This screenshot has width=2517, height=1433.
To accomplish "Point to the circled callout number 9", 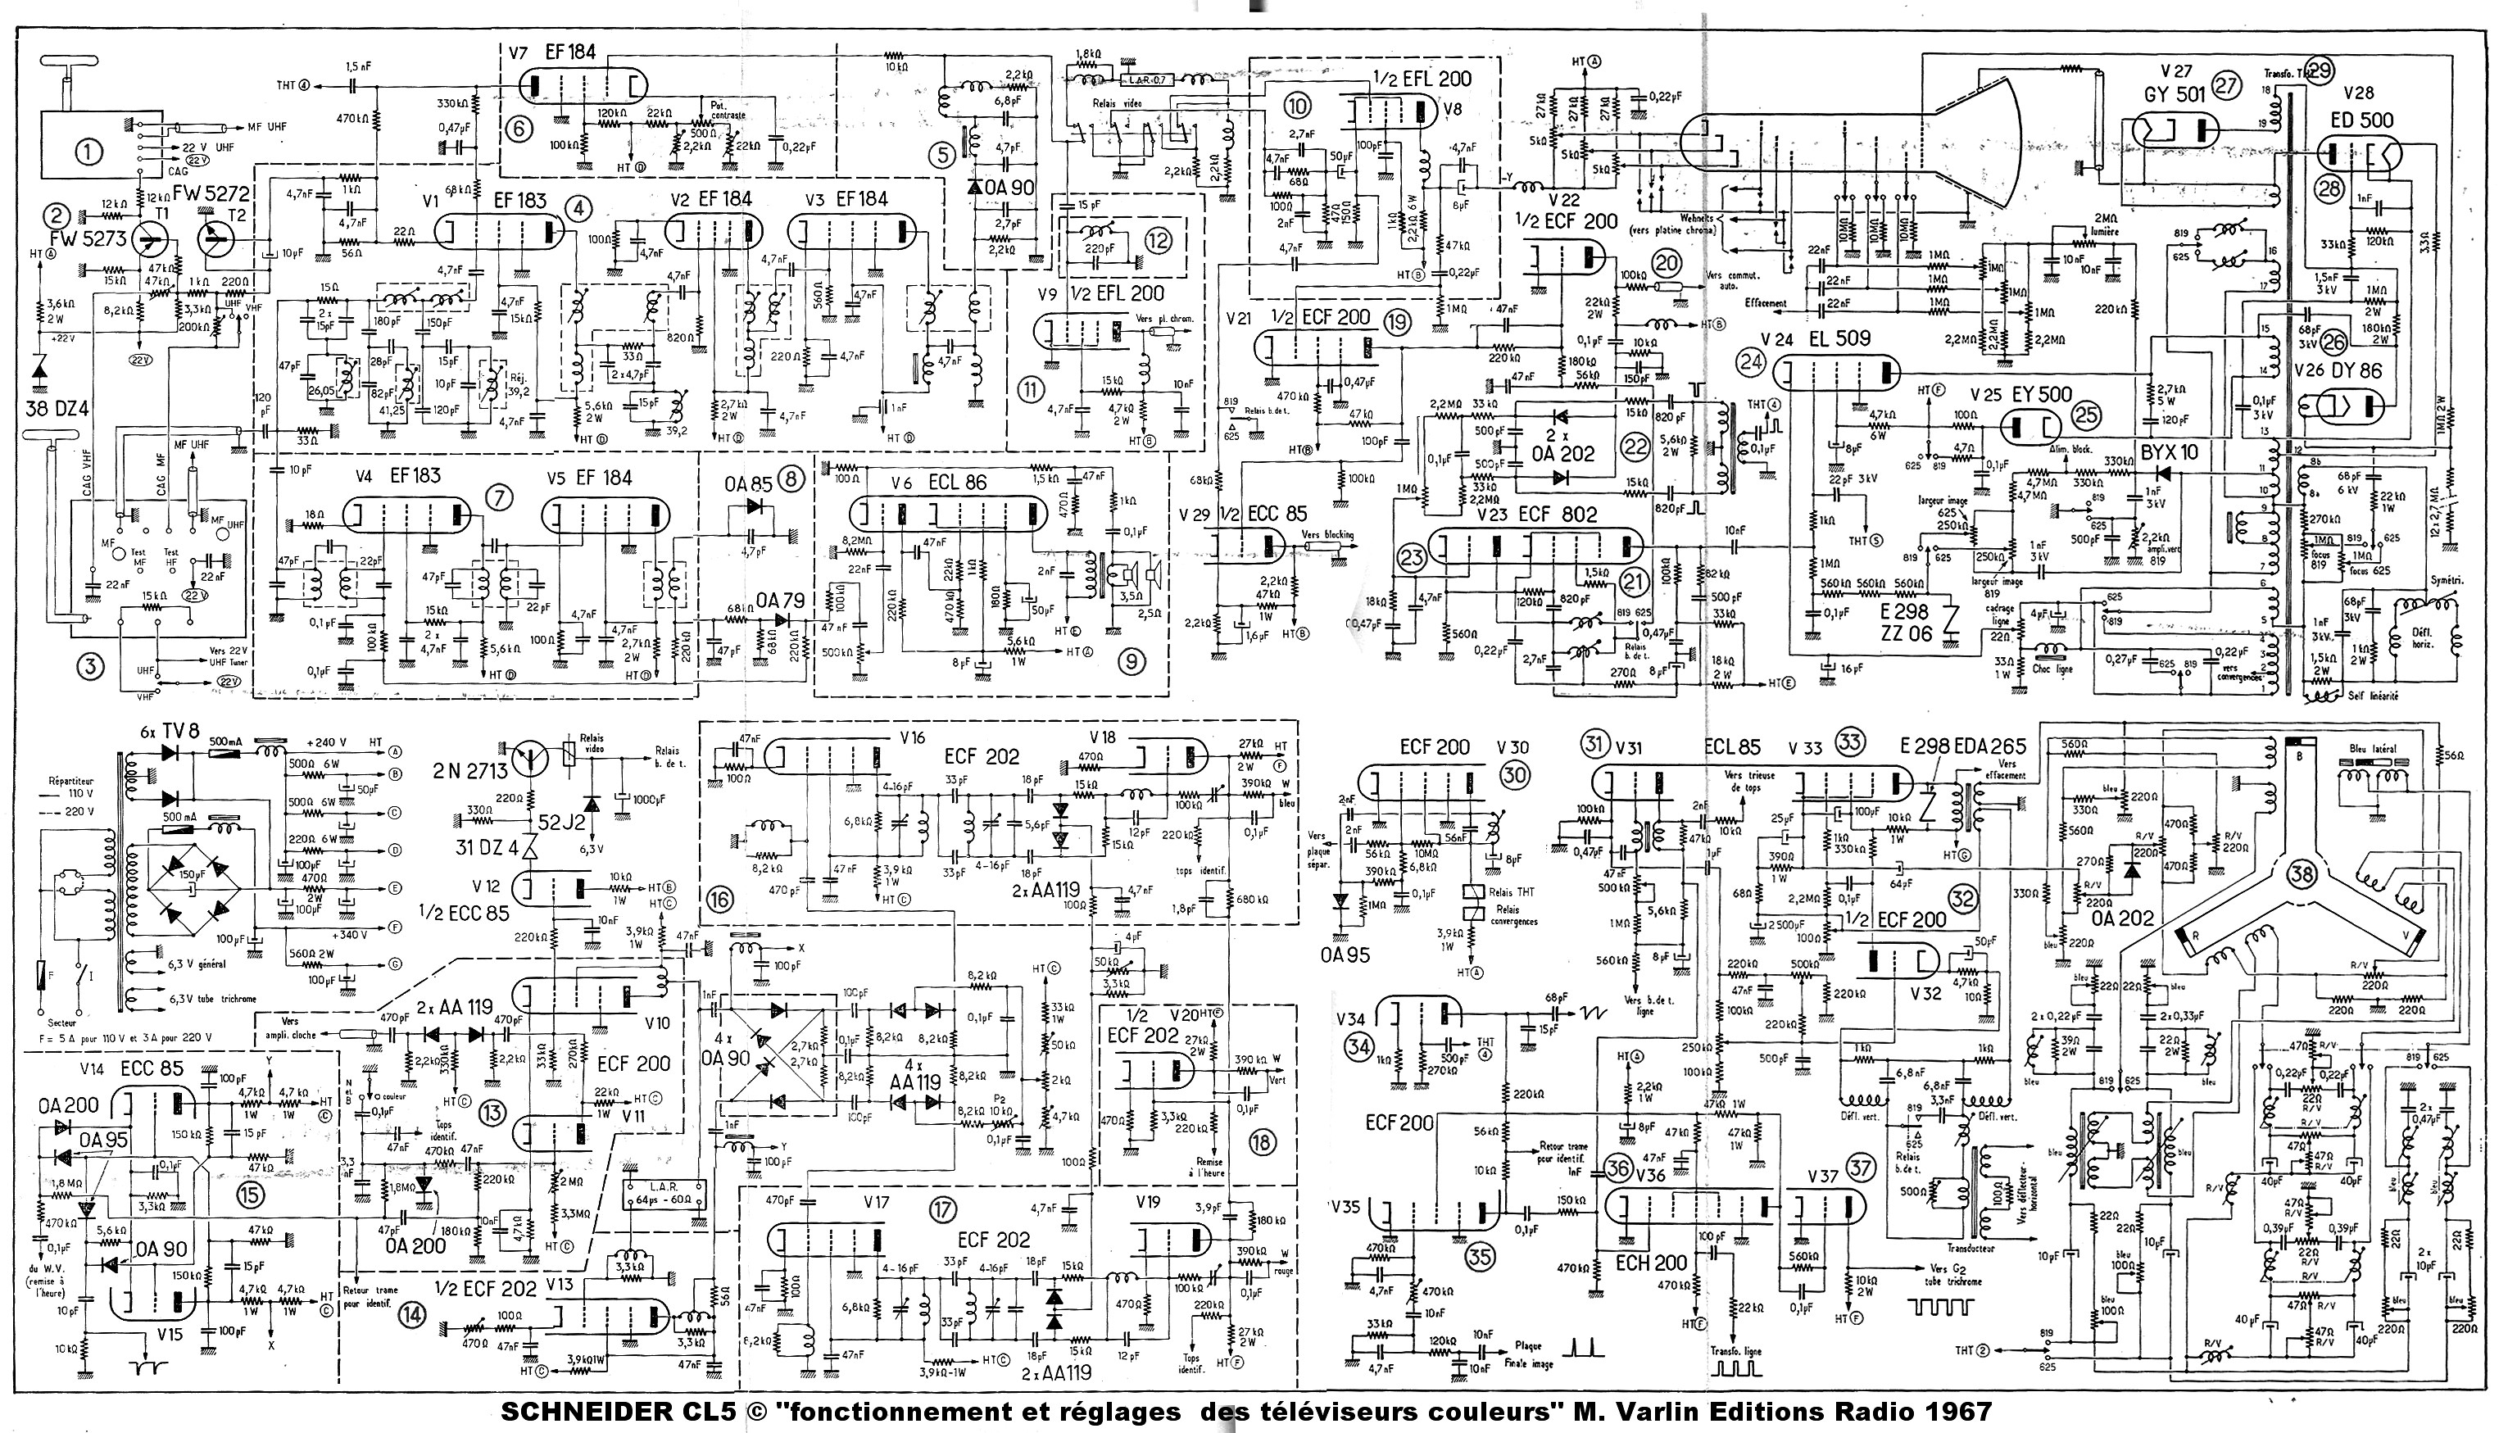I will click(x=1132, y=662).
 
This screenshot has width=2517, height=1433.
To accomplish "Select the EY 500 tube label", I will click(x=2036, y=393).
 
